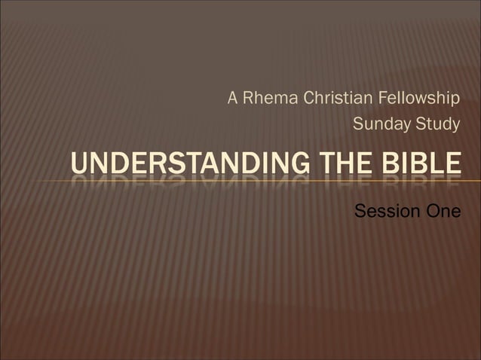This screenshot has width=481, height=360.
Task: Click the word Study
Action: pos(437,124)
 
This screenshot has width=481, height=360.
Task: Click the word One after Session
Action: pos(443,212)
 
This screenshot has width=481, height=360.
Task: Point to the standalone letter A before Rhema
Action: pos(233,99)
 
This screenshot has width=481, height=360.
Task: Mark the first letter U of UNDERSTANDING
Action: pos(79,163)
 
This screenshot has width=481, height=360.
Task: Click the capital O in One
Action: pos(432,212)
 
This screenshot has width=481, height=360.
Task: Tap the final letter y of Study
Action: pos(455,126)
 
